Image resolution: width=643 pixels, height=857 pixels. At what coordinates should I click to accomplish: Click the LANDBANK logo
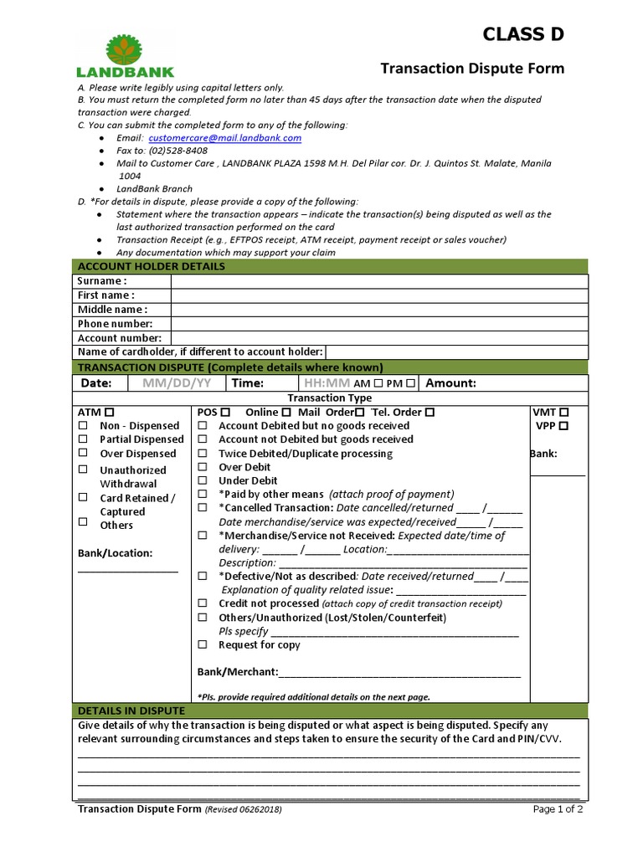tap(125, 56)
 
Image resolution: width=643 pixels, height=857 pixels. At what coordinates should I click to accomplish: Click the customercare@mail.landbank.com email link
tap(224, 138)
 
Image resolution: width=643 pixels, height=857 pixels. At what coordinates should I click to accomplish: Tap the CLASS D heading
tap(523, 34)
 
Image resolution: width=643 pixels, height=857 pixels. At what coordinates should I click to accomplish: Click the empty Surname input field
tap(378, 281)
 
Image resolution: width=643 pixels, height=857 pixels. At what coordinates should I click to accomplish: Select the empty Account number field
tap(378, 338)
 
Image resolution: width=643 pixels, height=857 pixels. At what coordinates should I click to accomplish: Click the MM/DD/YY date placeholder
tap(177, 383)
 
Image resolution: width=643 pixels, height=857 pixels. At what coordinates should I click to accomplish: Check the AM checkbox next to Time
tap(379, 383)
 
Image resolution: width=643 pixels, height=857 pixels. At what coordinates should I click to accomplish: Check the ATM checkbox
tap(111, 413)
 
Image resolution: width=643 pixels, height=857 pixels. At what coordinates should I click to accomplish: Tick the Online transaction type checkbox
tap(286, 413)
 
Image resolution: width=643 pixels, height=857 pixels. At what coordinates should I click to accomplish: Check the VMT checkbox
tap(564, 413)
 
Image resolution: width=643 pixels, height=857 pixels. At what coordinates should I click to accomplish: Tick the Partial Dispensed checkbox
tap(83, 439)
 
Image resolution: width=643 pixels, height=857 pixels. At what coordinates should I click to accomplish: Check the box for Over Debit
tap(203, 467)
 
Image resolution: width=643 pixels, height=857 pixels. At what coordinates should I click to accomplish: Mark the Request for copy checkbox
tap(203, 645)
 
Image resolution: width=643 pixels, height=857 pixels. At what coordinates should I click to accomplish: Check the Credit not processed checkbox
tap(203, 603)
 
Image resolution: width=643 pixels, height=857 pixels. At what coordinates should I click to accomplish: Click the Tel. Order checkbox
tap(430, 413)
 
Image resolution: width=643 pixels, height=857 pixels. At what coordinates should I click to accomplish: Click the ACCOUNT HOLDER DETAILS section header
tap(151, 266)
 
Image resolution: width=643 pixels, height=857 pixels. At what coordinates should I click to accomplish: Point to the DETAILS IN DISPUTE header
tap(131, 711)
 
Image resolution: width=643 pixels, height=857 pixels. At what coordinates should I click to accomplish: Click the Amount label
tap(451, 383)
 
